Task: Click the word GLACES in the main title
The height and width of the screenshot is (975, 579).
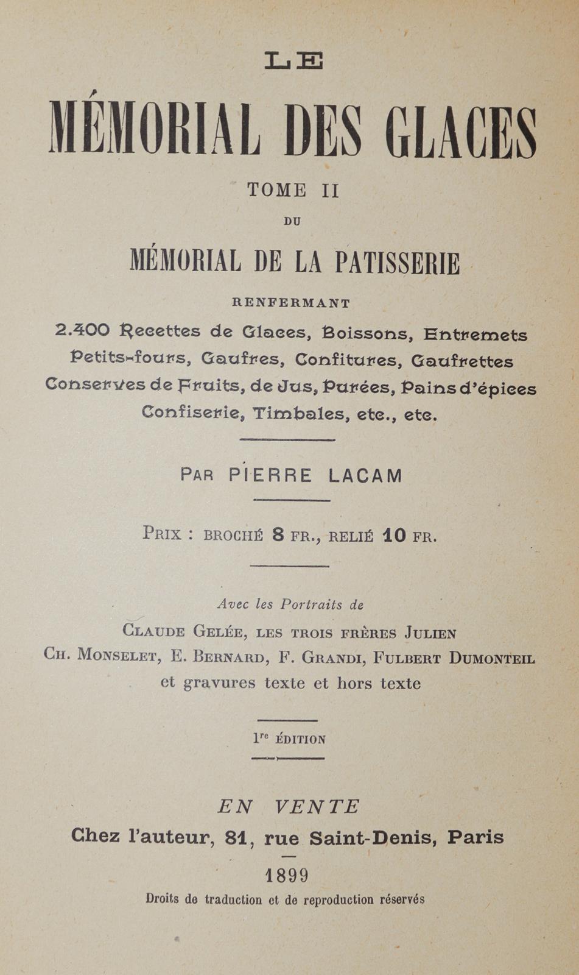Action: [461, 132]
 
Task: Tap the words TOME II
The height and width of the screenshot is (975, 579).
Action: [293, 191]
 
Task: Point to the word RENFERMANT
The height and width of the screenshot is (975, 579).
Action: [291, 303]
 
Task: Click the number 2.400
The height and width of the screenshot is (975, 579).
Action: [82, 330]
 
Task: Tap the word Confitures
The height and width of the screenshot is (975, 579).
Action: [346, 360]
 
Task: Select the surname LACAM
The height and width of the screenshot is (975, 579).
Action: [365, 475]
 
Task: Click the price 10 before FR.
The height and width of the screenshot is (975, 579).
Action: [395, 536]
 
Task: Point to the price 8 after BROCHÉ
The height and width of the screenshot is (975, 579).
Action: [278, 536]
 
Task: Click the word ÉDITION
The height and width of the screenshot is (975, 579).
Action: [300, 740]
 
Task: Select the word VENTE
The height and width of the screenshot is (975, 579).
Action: [316, 807]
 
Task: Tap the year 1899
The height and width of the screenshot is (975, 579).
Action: [287, 876]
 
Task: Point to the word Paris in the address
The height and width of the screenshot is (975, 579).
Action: [475, 837]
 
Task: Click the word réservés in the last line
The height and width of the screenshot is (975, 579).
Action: [402, 899]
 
